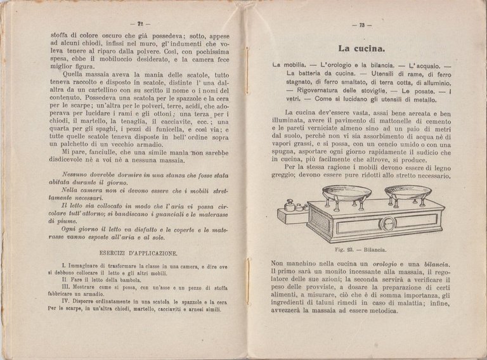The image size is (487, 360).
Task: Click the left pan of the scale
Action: tap(347, 193)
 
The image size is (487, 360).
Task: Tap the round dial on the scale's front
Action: tap(386, 223)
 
